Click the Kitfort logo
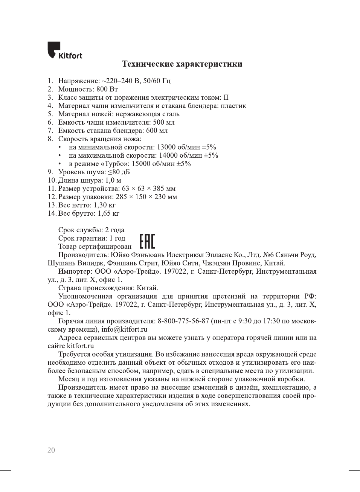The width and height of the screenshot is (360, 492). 64,51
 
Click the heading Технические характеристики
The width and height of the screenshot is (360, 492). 182,64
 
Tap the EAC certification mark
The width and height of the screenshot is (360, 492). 147,241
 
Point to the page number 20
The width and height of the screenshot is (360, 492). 51,450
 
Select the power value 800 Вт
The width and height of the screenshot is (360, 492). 107,89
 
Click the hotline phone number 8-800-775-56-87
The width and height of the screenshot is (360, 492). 183,321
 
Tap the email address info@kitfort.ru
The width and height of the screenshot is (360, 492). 124,329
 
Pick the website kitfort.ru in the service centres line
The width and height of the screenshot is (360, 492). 80,346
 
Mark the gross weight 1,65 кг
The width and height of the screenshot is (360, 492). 108,213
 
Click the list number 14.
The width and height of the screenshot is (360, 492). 52,213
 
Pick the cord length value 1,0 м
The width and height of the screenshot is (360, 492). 113,180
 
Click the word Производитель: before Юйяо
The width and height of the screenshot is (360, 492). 83,255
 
